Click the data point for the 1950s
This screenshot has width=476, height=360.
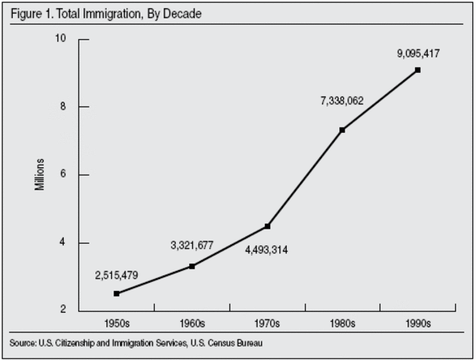pos(116,293)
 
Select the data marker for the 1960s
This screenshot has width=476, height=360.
pos(192,266)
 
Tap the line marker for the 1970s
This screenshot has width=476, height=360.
pos(267,226)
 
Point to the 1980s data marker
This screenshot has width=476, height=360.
pos(342,130)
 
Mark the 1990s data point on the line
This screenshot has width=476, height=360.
pos(417,70)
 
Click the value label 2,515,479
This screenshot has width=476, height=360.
pos(116,275)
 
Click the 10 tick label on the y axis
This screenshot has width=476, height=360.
pos(62,38)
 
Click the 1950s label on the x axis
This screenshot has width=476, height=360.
pos(116,324)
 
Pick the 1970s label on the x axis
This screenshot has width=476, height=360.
pos(267,324)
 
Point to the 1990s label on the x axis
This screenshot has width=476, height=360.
pos(417,324)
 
